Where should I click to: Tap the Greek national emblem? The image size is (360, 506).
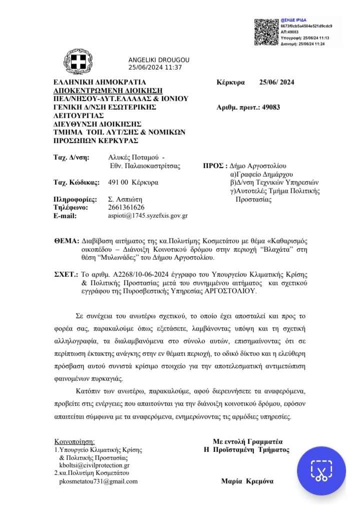click(77, 64)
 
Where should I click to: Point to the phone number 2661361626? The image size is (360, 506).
click(126, 207)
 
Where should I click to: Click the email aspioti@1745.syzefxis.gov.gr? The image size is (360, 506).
click(148, 216)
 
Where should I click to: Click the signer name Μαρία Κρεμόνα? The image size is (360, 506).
click(247, 481)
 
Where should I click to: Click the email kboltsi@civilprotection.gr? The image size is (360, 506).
click(94, 465)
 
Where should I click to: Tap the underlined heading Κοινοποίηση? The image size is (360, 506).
click(74, 441)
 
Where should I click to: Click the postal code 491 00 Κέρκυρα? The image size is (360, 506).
click(133, 182)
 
